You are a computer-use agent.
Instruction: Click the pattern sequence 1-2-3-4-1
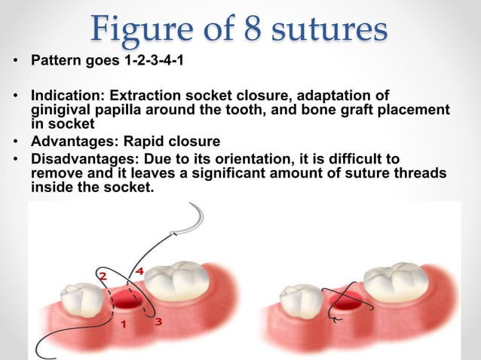tap(156, 57)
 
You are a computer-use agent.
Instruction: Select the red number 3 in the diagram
tap(158, 321)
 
